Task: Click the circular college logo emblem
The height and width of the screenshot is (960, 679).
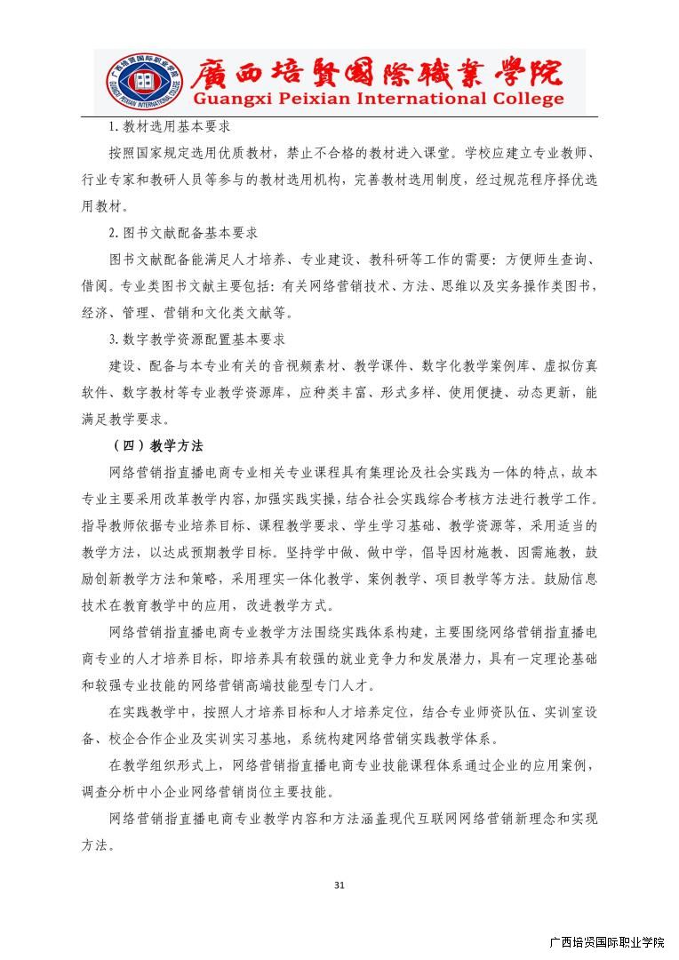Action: click(141, 80)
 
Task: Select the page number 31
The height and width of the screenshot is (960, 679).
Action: click(339, 884)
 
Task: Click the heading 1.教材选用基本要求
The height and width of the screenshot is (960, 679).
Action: click(170, 127)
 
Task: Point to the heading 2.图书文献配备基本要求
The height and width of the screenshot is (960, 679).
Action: click(183, 233)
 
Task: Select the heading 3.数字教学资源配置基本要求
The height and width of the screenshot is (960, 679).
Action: click(196, 340)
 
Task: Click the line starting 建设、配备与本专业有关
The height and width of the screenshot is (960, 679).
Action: click(353, 365)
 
